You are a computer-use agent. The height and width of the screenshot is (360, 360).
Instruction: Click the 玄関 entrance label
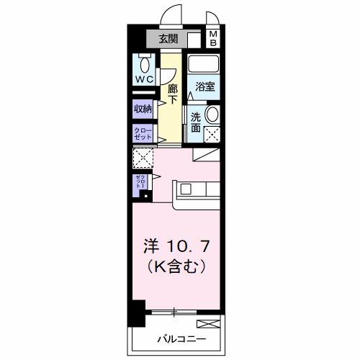pyautogui.click(x=169, y=39)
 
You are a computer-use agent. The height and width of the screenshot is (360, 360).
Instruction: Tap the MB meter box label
pyautogui.click(x=214, y=39)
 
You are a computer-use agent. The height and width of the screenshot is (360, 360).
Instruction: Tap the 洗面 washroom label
pyautogui.click(x=196, y=120)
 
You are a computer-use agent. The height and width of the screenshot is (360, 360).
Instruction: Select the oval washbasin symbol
pyautogui.click(x=213, y=115)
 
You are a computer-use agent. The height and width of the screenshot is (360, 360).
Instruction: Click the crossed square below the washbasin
pyautogui.click(x=213, y=133)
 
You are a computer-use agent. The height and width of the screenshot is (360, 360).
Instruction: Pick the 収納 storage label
pyautogui.click(x=143, y=109)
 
